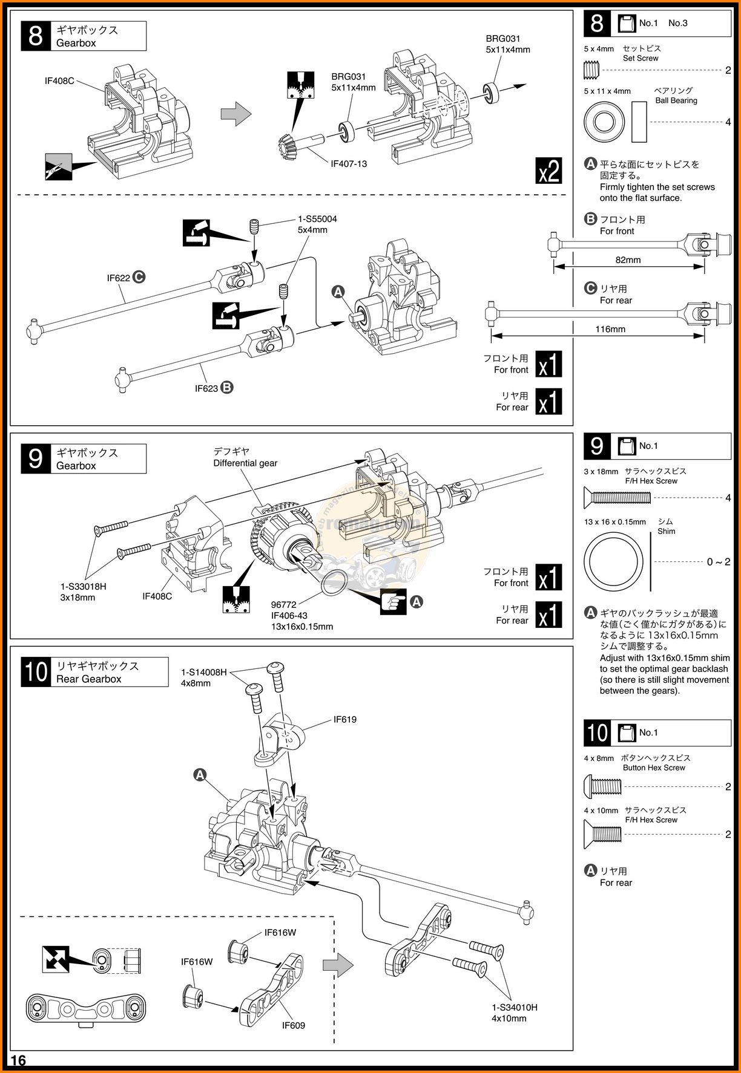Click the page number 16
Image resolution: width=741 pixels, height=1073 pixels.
[18, 1060]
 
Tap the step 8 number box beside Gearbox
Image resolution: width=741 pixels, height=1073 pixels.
[36, 36]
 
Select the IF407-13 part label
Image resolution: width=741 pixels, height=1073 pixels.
[349, 164]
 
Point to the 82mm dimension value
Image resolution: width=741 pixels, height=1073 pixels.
[628, 260]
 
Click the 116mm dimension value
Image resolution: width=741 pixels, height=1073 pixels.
[610, 329]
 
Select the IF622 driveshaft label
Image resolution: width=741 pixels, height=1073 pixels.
[119, 278]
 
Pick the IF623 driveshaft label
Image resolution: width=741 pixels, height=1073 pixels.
[206, 388]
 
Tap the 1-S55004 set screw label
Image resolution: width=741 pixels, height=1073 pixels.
[317, 219]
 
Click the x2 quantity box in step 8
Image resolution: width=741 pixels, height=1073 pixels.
[549, 171]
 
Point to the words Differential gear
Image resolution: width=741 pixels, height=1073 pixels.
[245, 463]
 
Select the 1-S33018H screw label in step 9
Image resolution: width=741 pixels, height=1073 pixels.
[84, 586]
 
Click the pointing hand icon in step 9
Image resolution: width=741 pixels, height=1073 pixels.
[394, 602]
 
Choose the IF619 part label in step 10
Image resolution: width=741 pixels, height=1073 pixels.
[345, 720]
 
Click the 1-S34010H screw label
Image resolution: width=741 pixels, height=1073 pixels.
[515, 1008]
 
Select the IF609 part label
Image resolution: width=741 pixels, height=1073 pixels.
[294, 1025]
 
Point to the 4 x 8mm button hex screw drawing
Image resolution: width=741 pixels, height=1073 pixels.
[602, 786]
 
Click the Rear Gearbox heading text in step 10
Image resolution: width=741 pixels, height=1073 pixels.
[89, 679]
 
